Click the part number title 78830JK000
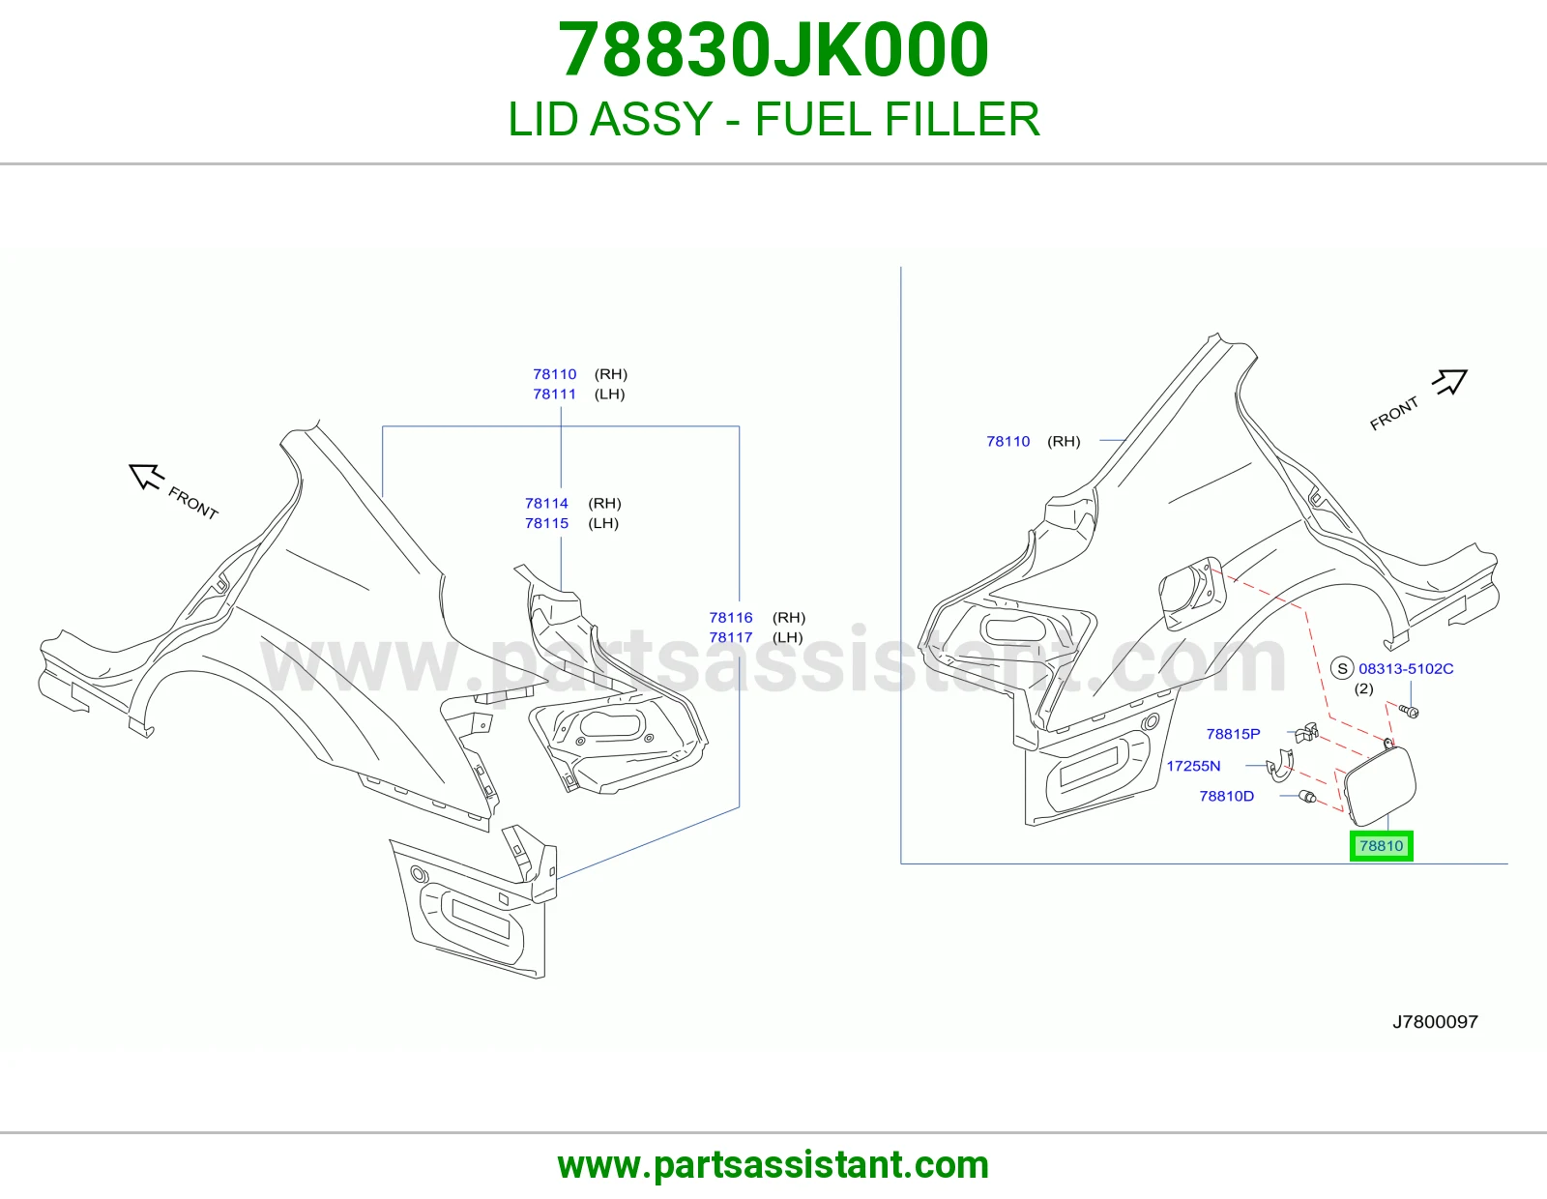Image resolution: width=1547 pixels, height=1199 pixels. (x=773, y=50)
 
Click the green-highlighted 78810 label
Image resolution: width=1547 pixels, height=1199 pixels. (x=1381, y=846)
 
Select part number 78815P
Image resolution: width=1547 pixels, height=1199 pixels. (x=1233, y=733)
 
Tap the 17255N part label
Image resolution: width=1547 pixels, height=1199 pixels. (x=1193, y=766)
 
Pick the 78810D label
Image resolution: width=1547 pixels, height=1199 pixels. (x=1227, y=796)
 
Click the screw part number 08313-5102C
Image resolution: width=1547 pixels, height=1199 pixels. (x=1406, y=668)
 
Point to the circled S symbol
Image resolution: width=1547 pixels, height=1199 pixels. (x=1342, y=668)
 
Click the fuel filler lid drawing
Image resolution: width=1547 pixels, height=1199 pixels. (x=1379, y=783)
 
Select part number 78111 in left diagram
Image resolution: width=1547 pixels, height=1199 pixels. (x=555, y=394)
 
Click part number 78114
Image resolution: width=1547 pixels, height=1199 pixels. (x=546, y=504)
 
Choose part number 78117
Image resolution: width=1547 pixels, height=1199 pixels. (x=730, y=637)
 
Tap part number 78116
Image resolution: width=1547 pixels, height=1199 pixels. (x=730, y=617)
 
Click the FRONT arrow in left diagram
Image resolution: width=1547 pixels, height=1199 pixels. (x=147, y=477)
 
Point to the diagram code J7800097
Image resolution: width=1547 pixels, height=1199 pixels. (x=1435, y=1022)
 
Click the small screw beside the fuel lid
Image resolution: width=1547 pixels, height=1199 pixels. (x=1408, y=711)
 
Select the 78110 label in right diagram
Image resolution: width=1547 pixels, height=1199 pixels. (x=1008, y=442)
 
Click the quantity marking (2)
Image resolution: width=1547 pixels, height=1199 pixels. (x=1363, y=688)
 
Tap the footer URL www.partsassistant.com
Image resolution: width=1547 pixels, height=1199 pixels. (x=773, y=1165)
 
